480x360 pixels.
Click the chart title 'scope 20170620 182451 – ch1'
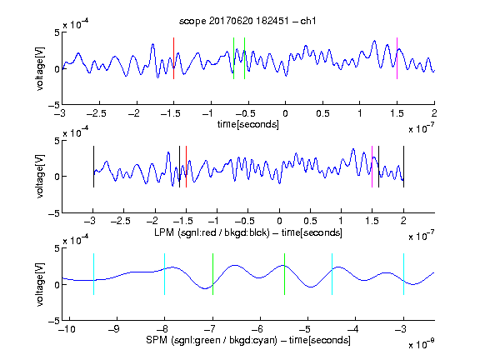[x=247, y=21]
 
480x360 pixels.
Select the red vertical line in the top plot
[x=173, y=58]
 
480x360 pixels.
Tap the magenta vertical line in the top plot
[x=397, y=58]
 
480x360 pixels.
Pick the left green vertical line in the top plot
[x=233, y=58]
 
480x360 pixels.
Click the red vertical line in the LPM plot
[x=186, y=167]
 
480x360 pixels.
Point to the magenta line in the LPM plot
[x=372, y=167]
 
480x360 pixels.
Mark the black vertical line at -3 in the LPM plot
[x=93, y=167]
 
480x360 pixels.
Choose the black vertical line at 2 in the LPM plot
[x=403, y=167]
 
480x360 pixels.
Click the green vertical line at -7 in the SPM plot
[x=212, y=274]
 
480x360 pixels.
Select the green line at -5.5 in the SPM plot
[x=284, y=274]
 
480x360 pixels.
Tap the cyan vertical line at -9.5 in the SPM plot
[x=93, y=274]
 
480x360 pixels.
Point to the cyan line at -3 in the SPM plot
[x=403, y=274]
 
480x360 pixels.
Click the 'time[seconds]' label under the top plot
[x=248, y=124]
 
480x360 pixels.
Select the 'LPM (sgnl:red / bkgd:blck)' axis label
[x=212, y=232]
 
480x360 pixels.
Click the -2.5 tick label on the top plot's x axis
[x=97, y=113]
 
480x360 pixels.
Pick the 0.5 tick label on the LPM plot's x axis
[x=310, y=221]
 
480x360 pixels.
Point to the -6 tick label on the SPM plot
[x=257, y=329]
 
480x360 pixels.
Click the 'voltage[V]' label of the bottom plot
[x=40, y=285]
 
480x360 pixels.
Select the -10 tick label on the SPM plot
[x=67, y=329]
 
